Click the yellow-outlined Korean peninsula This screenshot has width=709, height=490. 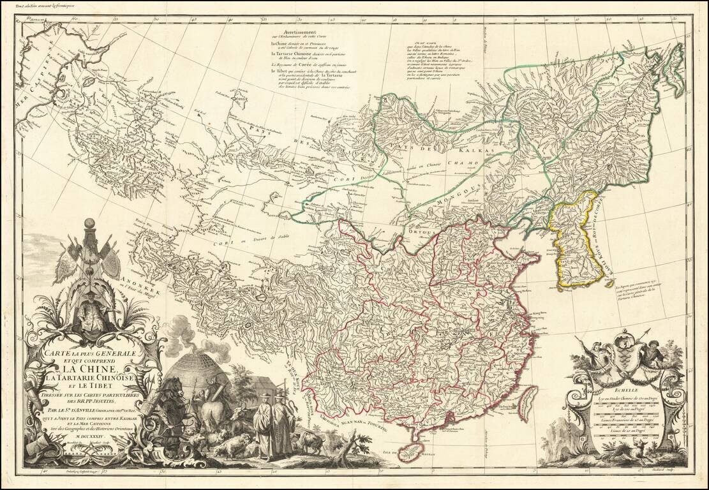[572, 242]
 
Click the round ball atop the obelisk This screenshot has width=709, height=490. [91, 222]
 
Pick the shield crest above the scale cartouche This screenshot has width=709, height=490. [619, 354]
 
